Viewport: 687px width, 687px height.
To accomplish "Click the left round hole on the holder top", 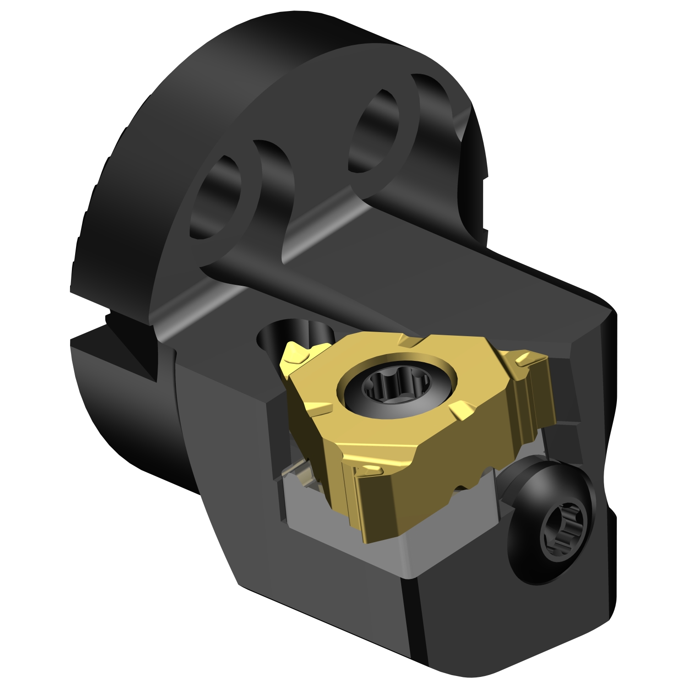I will [x=215, y=197].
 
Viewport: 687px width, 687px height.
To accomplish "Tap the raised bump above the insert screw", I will [x=410, y=341].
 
